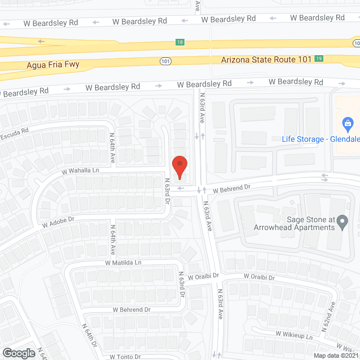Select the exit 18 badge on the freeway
[x=179, y=42]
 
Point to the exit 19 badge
[x=319, y=58]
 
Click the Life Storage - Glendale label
[x=321, y=138]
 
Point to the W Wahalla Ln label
[x=80, y=170]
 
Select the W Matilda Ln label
[x=123, y=263]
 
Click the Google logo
[x=18, y=353]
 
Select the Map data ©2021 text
[x=335, y=355]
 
